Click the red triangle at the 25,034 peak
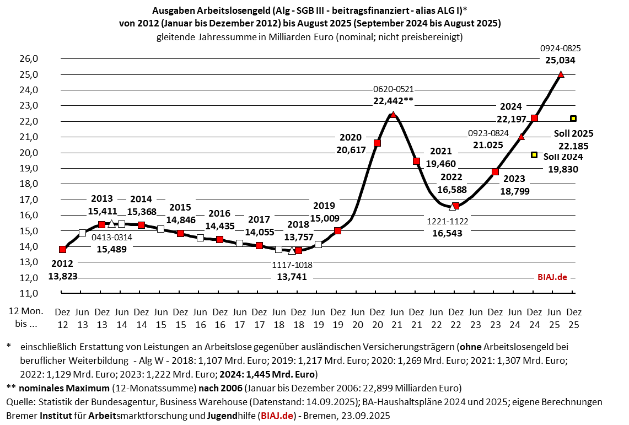pyautogui.click(x=561, y=74)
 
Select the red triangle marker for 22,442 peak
pyautogui.click(x=393, y=115)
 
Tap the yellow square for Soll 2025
pyautogui.click(x=573, y=118)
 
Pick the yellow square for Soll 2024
pyautogui.click(x=534, y=155)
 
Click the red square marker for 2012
pyautogui.click(x=62, y=250)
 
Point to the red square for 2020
pyautogui.click(x=377, y=143)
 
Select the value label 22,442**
pyautogui.click(x=393, y=100)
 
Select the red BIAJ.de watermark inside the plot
pyautogui.click(x=552, y=277)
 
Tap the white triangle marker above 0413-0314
pyautogui.click(x=111, y=224)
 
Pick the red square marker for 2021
pyautogui.click(x=417, y=162)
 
